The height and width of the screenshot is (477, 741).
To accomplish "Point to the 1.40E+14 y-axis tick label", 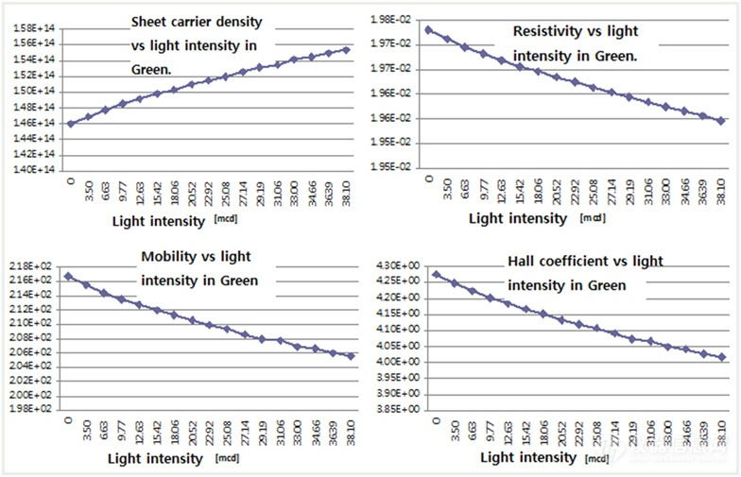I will coord(33,170).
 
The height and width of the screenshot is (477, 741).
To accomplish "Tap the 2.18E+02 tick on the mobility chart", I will coord(33,266).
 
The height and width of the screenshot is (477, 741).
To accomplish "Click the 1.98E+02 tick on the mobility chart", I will coord(33,409).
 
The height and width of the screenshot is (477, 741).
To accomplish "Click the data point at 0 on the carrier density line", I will coord(71,123).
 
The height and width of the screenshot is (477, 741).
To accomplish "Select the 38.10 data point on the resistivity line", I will coord(720,121).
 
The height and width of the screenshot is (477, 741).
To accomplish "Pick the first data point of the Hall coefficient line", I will coord(436,275).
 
